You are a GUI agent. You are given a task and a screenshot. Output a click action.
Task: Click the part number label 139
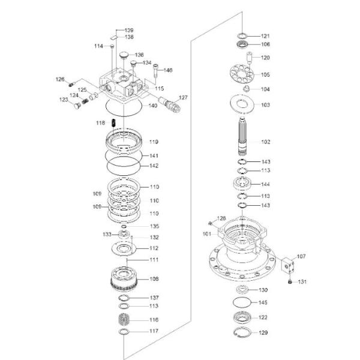[129, 30]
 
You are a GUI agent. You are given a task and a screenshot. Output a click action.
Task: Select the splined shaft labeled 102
[242, 136]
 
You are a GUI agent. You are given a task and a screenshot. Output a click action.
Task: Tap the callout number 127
[183, 98]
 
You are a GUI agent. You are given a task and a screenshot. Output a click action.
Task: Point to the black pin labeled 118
[113, 122]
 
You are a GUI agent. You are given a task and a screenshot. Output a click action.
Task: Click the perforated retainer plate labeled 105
[242, 73]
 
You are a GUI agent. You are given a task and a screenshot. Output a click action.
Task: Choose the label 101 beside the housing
[207, 234]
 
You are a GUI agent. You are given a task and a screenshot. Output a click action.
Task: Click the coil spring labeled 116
[124, 319]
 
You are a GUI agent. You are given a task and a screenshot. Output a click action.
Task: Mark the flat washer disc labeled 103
[242, 104]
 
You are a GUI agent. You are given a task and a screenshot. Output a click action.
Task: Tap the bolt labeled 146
[155, 71]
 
